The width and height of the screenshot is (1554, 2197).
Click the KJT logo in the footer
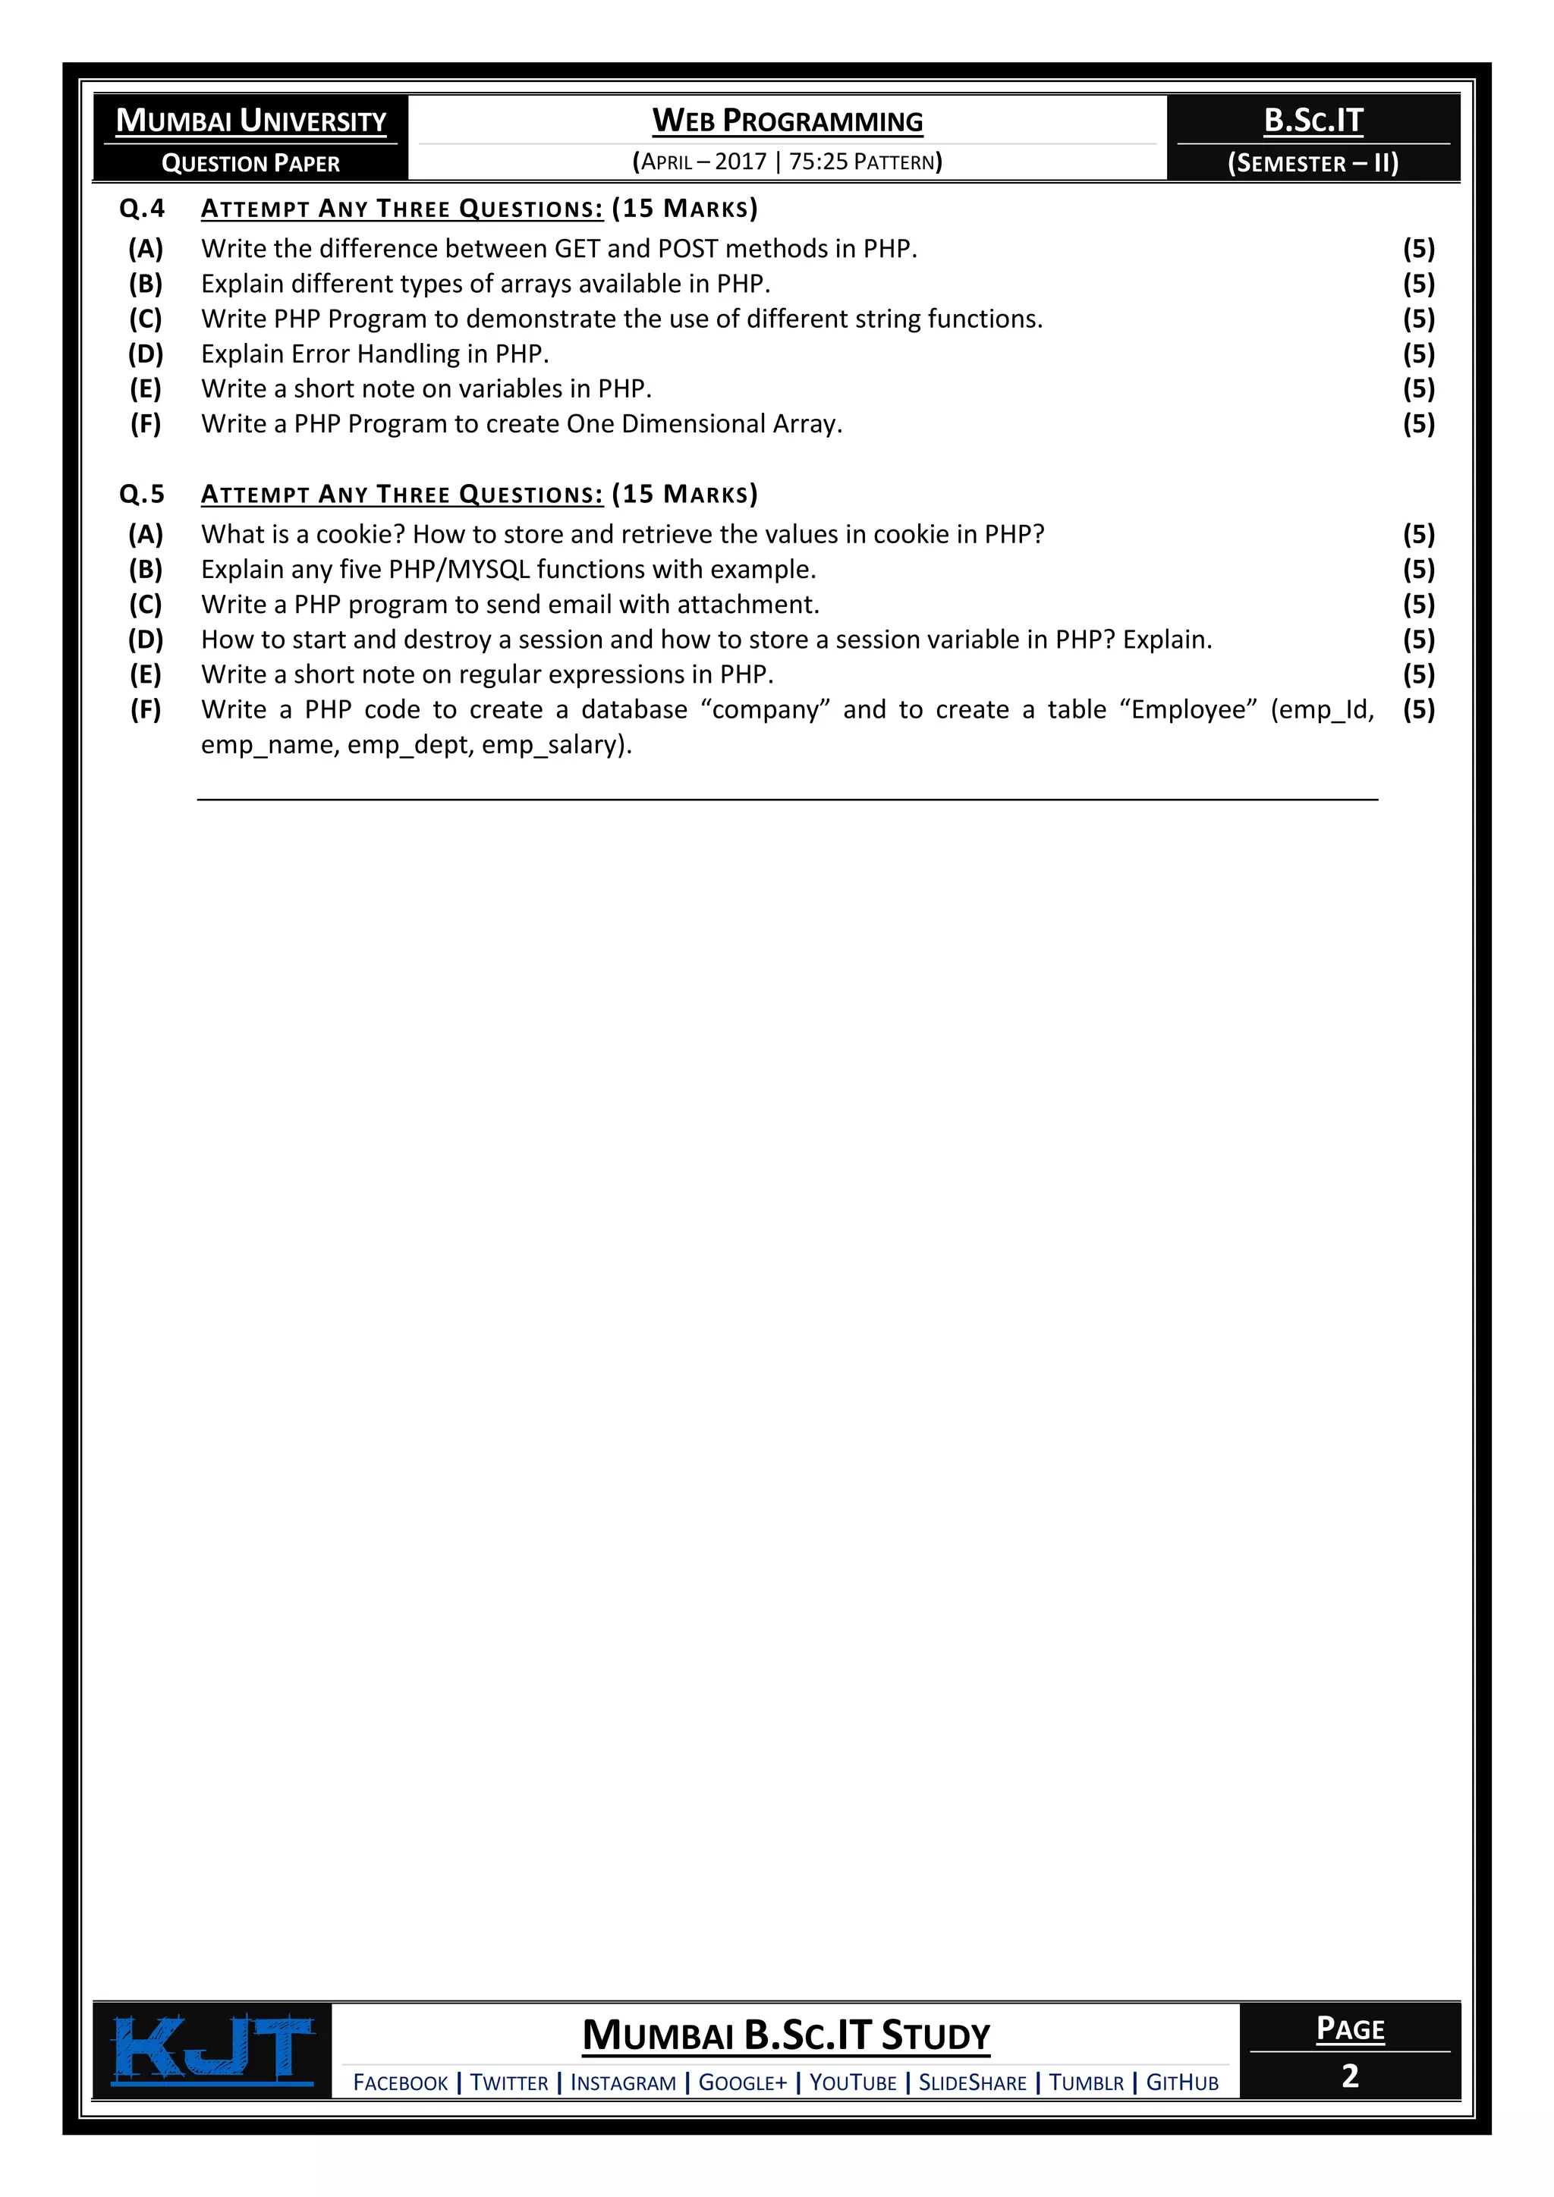click(213, 2050)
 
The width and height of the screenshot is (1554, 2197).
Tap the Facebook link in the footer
click(400, 2083)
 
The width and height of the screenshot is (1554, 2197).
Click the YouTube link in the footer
click(853, 2083)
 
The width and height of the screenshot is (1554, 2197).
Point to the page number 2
click(1349, 2076)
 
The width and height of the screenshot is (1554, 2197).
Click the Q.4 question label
click(142, 209)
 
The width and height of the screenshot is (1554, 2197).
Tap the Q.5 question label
click(142, 495)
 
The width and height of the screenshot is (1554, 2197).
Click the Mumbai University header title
click(250, 121)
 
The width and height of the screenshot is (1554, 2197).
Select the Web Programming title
click(787, 121)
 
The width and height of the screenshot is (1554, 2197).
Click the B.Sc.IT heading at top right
click(1313, 121)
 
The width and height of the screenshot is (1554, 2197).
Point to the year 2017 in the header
click(741, 162)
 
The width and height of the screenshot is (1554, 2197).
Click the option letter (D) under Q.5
click(146, 640)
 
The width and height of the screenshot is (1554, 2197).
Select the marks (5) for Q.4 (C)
click(1418, 319)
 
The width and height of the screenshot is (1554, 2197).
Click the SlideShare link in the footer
click(972, 2083)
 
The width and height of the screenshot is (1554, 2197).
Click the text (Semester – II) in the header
click(1313, 162)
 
